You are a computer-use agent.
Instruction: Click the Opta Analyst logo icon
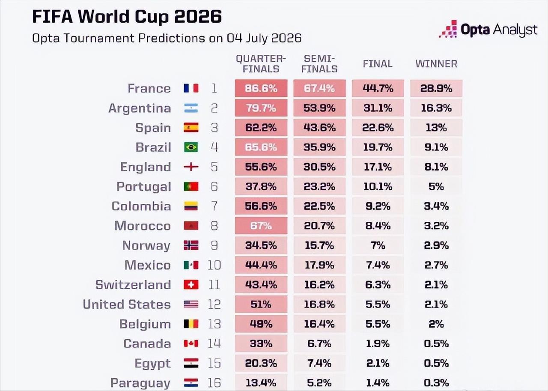click(x=448, y=29)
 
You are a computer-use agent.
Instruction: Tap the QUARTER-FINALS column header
click(x=261, y=64)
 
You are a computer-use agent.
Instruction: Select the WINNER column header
click(x=436, y=64)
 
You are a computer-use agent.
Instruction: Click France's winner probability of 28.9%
click(x=436, y=88)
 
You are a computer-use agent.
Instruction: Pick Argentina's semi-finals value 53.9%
click(x=319, y=108)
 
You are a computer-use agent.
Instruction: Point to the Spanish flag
click(x=191, y=128)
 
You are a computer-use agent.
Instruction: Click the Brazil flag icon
click(x=191, y=147)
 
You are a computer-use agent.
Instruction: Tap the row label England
click(x=146, y=167)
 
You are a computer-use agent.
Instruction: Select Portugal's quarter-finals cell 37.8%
click(x=261, y=186)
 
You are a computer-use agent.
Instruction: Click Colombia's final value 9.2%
click(x=378, y=206)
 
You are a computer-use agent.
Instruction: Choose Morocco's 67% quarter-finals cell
click(x=261, y=226)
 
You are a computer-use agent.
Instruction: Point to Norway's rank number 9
click(x=214, y=245)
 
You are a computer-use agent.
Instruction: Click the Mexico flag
click(x=191, y=265)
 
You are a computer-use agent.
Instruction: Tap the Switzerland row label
click(x=133, y=284)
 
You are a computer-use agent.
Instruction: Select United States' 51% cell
click(x=261, y=304)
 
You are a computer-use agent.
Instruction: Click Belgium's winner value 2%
click(x=436, y=324)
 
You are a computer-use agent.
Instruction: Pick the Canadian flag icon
click(x=191, y=343)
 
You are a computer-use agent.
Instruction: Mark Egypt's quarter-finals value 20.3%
click(x=261, y=363)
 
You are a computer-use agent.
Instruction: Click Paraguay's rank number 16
click(x=214, y=383)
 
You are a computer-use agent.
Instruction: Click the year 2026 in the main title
click(x=198, y=16)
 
